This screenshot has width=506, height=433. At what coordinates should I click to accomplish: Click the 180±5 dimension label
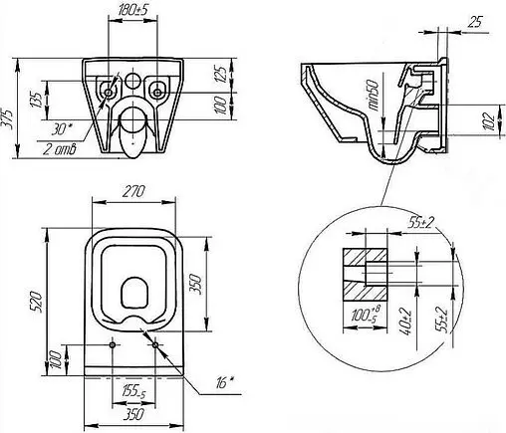(132, 11)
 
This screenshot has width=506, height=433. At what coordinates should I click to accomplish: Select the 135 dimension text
(37, 100)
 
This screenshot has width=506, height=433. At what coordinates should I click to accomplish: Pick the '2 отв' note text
(60, 149)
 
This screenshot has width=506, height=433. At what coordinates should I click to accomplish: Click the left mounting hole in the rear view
(109, 93)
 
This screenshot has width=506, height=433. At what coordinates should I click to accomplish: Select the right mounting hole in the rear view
(156, 93)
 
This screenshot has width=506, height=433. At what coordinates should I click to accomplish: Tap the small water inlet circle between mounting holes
(132, 80)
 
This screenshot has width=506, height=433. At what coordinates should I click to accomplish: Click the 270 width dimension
(133, 192)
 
